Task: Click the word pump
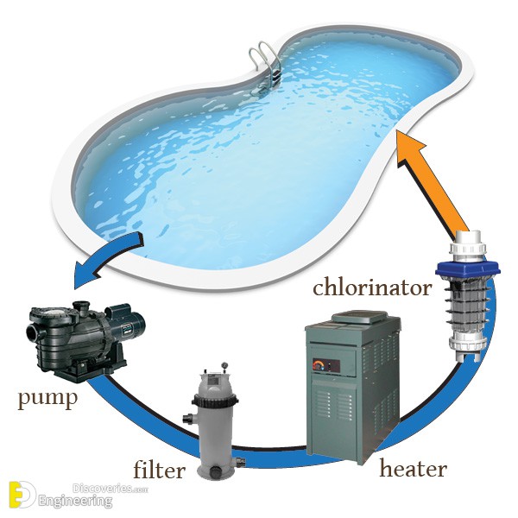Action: (47, 399)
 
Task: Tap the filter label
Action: (159, 470)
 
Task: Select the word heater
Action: (413, 469)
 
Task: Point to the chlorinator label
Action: (372, 287)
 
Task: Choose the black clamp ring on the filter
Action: (215, 401)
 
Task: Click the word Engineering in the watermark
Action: (75, 501)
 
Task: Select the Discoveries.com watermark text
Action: (110, 489)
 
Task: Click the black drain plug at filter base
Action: (217, 471)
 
